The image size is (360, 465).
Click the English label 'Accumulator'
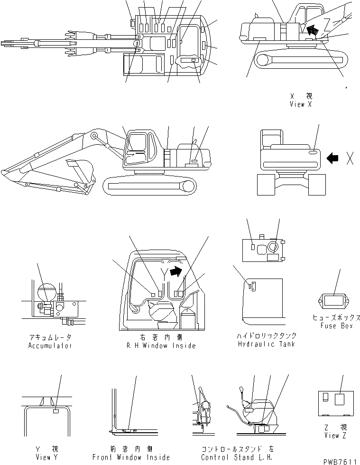coord(50,346)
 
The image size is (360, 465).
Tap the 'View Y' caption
coord(47,457)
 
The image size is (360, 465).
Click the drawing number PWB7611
coord(340,462)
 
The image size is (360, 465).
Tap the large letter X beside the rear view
coord(350,158)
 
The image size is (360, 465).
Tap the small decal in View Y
coord(55,412)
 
